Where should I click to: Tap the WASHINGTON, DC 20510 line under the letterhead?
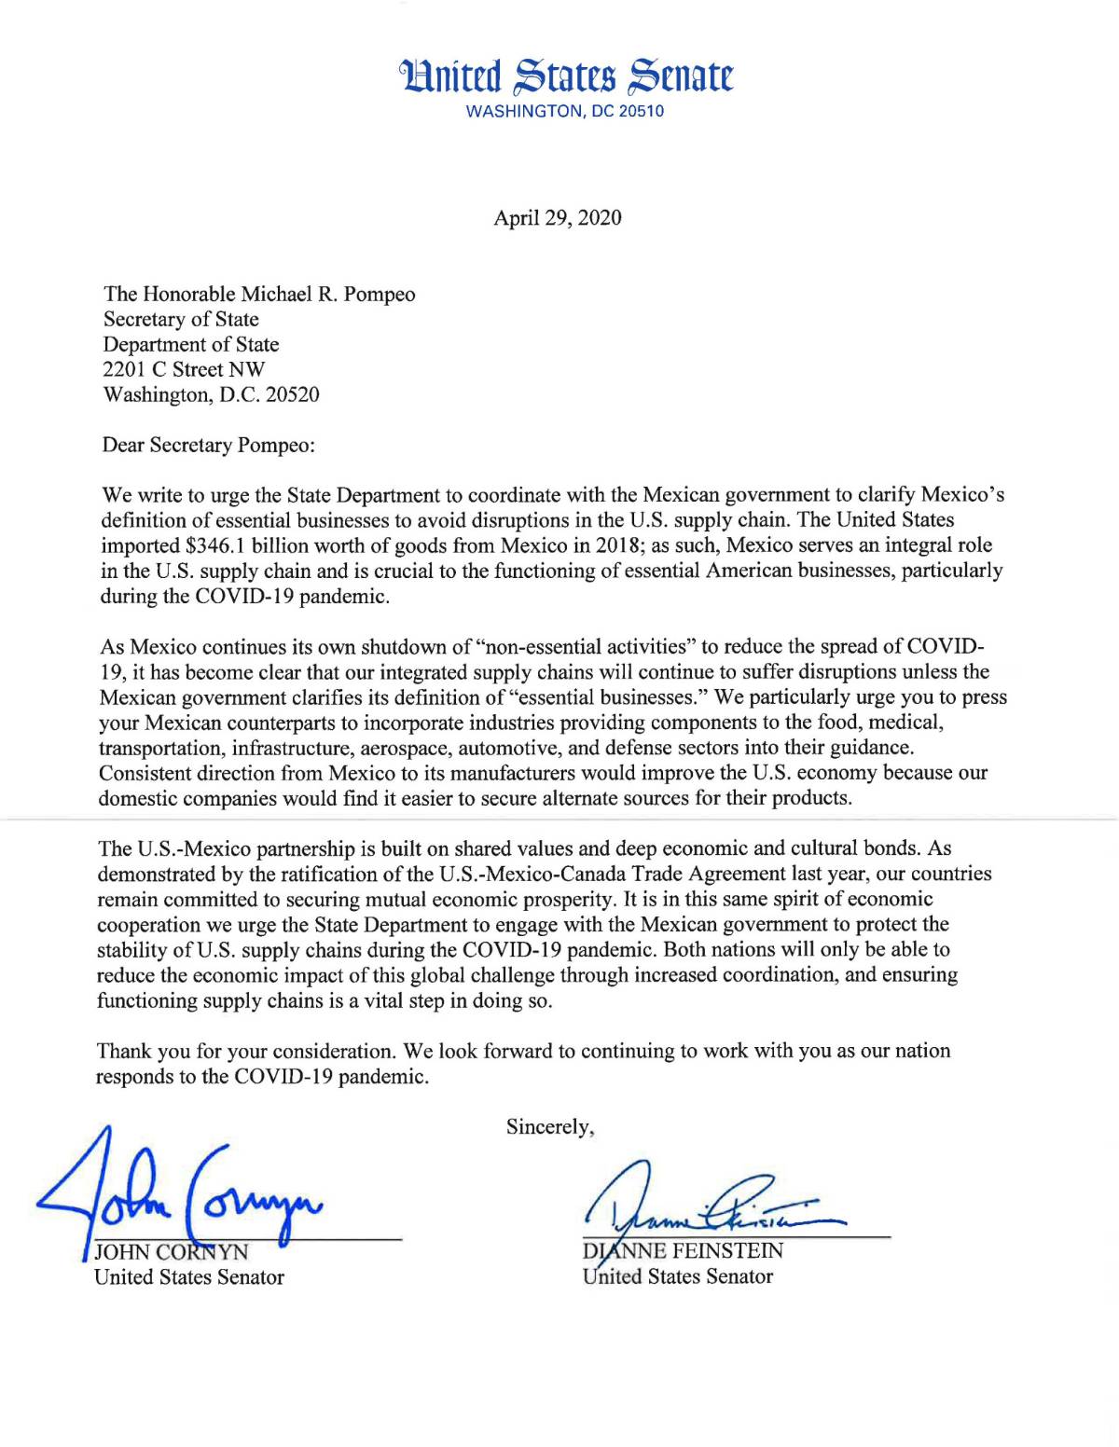tap(565, 112)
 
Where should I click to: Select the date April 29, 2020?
tap(558, 218)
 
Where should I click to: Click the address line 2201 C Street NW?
tap(184, 369)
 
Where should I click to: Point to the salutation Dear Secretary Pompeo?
tap(209, 445)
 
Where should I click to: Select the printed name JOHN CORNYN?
tap(173, 1252)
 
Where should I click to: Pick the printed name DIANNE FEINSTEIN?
tap(684, 1251)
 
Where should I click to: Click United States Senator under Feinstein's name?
tap(678, 1276)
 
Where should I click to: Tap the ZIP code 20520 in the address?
tap(292, 394)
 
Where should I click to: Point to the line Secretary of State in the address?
tap(181, 319)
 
